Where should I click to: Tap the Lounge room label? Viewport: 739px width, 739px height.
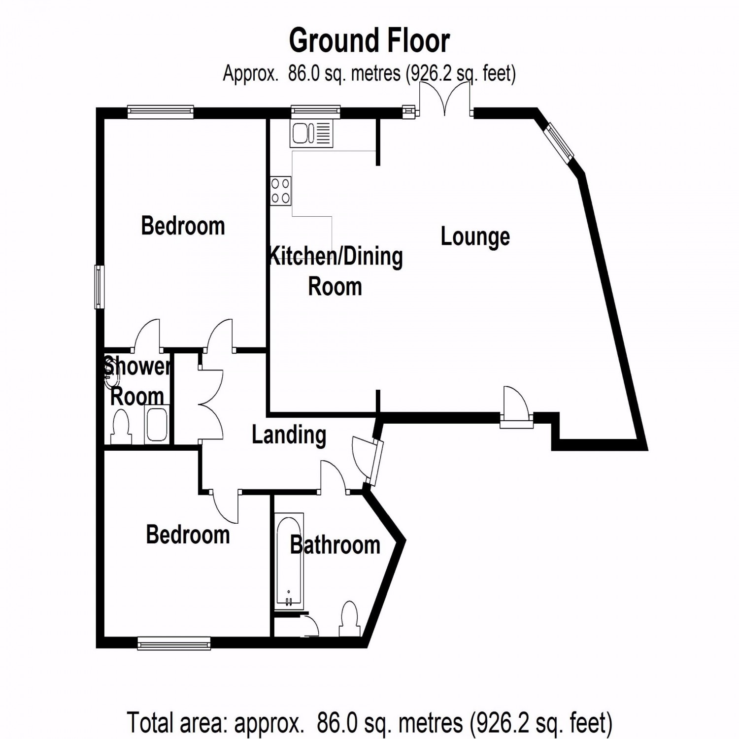pyautogui.click(x=475, y=237)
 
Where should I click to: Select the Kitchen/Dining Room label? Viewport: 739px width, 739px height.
pyautogui.click(x=335, y=271)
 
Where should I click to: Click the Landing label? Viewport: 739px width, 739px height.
pyautogui.click(x=289, y=435)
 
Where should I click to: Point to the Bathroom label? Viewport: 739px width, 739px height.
pyautogui.click(x=335, y=545)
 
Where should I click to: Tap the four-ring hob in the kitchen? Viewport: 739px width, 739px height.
pyautogui.click(x=280, y=191)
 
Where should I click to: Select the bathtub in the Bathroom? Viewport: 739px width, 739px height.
pyautogui.click(x=289, y=562)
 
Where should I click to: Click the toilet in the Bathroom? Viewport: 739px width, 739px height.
pyautogui.click(x=349, y=619)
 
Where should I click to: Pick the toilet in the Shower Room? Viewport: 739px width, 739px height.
pyautogui.click(x=121, y=427)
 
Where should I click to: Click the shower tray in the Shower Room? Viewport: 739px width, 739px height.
pyautogui.click(x=157, y=424)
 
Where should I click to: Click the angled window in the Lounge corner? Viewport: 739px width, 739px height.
pyautogui.click(x=559, y=141)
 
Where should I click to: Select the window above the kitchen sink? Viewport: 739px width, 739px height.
pyautogui.click(x=315, y=112)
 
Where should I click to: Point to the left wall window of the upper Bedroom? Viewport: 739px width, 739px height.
pyautogui.click(x=100, y=287)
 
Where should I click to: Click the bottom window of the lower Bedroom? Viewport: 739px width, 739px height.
pyautogui.click(x=174, y=643)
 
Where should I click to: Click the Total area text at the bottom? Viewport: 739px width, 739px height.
pyautogui.click(x=369, y=723)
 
